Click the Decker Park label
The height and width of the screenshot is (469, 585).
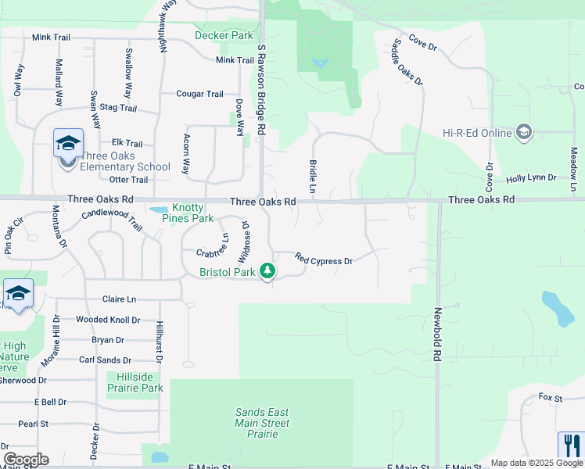(224, 35)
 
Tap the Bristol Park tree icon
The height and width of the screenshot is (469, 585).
(268, 271)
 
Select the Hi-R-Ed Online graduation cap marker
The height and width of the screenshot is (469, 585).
(523, 132)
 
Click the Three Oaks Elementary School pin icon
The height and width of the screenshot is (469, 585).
(68, 145)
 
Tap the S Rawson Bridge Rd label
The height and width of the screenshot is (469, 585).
(263, 88)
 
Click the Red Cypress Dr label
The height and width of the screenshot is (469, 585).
(324, 259)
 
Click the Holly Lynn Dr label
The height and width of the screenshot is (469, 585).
(531, 178)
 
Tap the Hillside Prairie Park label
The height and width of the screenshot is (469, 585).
(135, 382)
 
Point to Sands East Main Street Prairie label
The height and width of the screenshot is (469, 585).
(262, 423)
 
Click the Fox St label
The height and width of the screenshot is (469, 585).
(551, 398)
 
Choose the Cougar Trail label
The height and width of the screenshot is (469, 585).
(199, 94)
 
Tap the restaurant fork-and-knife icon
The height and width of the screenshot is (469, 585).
(570, 446)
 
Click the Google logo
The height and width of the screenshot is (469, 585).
(26, 459)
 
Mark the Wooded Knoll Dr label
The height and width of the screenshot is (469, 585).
(108, 320)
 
